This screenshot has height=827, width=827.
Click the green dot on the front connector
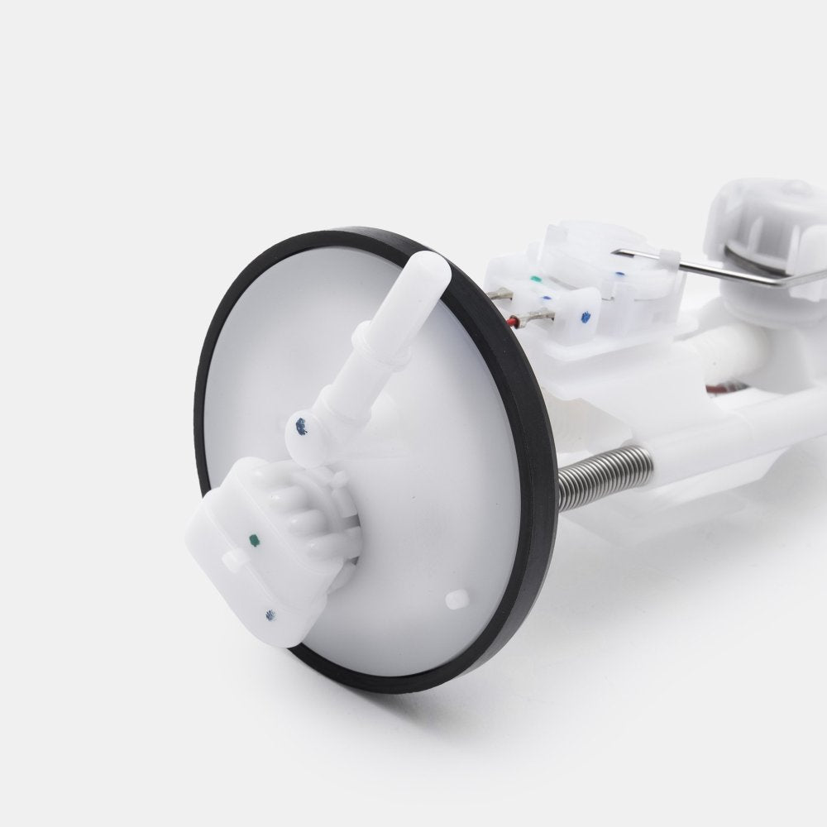[254, 542]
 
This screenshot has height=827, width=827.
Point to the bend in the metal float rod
[786, 284]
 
